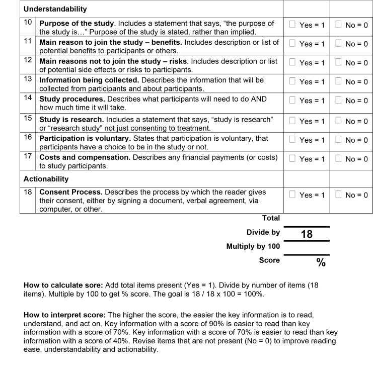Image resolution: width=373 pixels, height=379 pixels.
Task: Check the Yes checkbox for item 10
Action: point(293,24)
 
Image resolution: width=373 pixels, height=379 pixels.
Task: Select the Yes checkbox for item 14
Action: point(293,101)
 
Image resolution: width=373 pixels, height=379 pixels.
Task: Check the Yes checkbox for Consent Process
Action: point(293,195)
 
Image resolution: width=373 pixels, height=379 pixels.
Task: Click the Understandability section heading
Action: point(55,9)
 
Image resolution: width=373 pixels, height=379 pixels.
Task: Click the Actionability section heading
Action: point(46,178)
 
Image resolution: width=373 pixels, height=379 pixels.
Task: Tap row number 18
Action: point(28,192)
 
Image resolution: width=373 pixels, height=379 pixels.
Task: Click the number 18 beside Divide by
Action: point(307,233)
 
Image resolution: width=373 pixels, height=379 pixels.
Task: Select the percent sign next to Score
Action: point(320,262)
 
